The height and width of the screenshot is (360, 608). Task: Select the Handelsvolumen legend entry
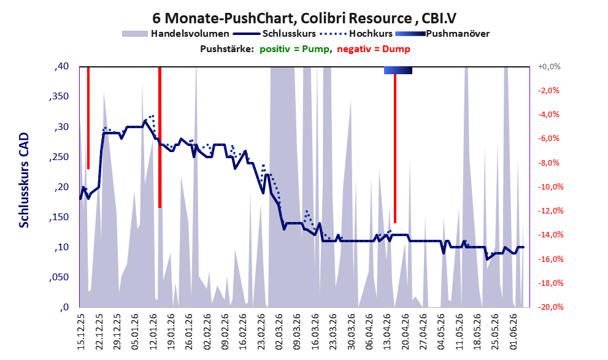pyautogui.click(x=175, y=34)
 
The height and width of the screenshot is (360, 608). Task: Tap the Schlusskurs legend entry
pyautogui.click(x=275, y=34)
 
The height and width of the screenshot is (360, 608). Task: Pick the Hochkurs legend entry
pyautogui.click(x=356, y=34)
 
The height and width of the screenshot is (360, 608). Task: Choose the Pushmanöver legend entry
pyautogui.click(x=442, y=34)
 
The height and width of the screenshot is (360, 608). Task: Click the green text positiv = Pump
pyautogui.click(x=294, y=49)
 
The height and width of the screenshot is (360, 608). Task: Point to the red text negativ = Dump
pyautogui.click(x=374, y=49)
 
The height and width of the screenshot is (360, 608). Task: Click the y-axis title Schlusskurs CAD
pyautogui.click(x=24, y=180)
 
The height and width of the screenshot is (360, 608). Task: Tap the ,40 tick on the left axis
pyautogui.click(x=61, y=66)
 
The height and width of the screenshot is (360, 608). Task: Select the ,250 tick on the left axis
pyautogui.click(x=59, y=156)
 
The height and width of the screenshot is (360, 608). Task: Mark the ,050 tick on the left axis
pyautogui.click(x=59, y=277)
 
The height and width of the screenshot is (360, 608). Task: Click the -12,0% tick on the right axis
pyautogui.click(x=550, y=211)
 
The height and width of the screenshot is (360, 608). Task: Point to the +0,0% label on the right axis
pyautogui.click(x=549, y=67)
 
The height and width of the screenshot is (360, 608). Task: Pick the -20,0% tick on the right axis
pyautogui.click(x=550, y=307)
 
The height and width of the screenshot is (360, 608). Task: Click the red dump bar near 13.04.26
pyautogui.click(x=395, y=148)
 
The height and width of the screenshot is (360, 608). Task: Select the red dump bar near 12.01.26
pyautogui.click(x=160, y=137)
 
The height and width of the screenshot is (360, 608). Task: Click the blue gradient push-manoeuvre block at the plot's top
pyautogui.click(x=398, y=70)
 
